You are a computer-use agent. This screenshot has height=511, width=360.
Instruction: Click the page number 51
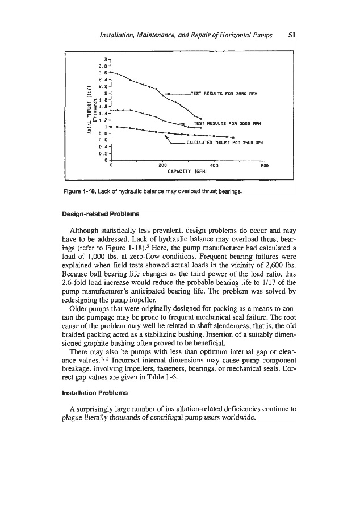(x=292, y=34)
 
